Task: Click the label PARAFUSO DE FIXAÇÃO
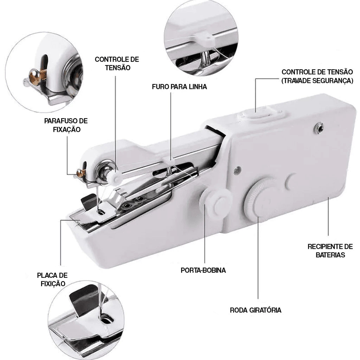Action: (x=66, y=125)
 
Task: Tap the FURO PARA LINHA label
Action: (x=179, y=87)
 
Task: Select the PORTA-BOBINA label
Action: (x=203, y=270)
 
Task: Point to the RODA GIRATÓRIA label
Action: (x=256, y=310)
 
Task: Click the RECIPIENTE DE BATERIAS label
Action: (x=330, y=251)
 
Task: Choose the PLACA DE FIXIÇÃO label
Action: (x=52, y=279)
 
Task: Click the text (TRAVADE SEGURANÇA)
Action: (x=317, y=81)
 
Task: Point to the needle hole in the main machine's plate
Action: (x=101, y=212)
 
